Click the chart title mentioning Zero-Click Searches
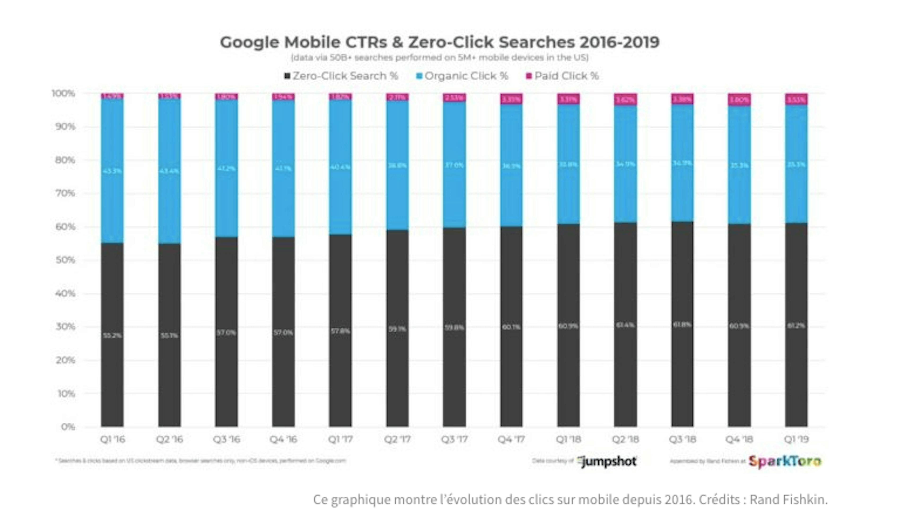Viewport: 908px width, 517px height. coord(439,42)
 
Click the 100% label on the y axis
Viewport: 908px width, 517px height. coord(64,93)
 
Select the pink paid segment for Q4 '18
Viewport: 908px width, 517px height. coord(739,100)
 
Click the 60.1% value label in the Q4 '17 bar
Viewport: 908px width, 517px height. coord(511,327)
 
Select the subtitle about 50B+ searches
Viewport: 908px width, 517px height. coord(439,57)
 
